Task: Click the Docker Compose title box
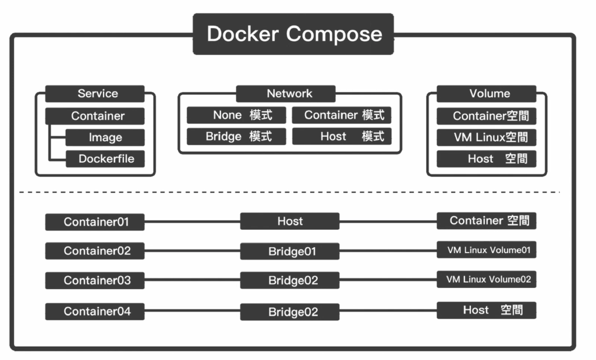293,34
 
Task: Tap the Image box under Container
105,138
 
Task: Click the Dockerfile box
105,159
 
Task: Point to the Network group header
289,94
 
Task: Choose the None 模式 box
236,115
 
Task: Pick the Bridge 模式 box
236,137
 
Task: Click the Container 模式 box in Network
342,115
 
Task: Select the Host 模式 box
342,137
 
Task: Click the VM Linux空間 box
487,137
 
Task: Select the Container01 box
95,222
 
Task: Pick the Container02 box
95,251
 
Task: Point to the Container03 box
95,281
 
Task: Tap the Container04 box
95,311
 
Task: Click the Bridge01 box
290,251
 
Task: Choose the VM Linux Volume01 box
487,250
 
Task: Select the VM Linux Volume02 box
487,280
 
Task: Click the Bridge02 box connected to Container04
290,312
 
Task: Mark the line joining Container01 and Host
192,222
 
